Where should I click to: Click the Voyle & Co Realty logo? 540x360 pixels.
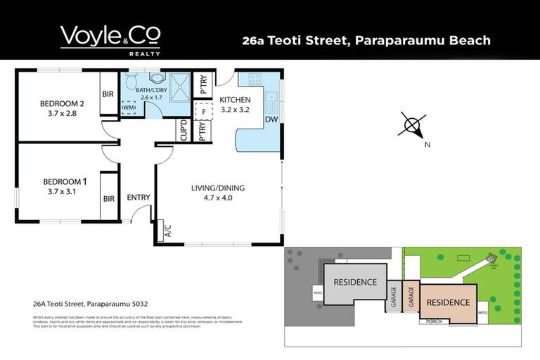tap(110, 39)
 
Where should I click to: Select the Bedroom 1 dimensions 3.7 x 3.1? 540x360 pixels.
tap(62, 191)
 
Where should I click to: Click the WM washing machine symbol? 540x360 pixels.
tap(129, 108)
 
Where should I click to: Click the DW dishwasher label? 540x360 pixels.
tap(271, 120)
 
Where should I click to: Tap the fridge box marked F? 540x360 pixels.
tap(203, 110)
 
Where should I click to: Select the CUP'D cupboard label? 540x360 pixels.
tap(183, 131)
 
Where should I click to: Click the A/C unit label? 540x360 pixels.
tap(167, 229)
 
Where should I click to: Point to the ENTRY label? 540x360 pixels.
tap(139, 198)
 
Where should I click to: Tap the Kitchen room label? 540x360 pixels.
tap(235, 100)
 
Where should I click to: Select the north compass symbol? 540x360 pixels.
tap(412, 127)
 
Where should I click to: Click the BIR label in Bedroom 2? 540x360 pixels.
tap(108, 94)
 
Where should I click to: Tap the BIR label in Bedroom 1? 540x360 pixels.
tap(108, 199)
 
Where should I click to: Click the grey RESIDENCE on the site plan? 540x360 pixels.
tap(355, 283)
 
